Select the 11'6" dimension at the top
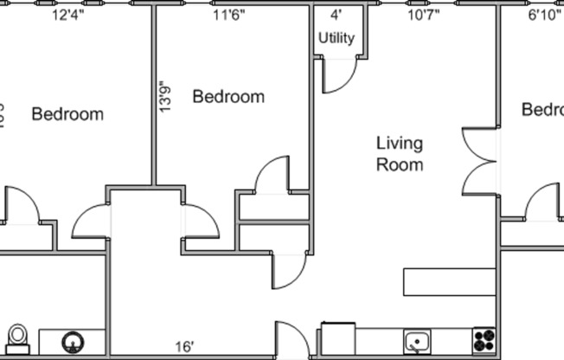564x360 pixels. coord(228,15)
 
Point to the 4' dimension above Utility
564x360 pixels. coord(336,15)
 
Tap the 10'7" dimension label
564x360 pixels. coord(424,15)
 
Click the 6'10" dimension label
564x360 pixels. coord(544,15)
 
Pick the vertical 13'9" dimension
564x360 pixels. coord(164,96)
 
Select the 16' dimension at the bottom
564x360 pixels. coord(183,347)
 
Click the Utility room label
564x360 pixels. coord(336,38)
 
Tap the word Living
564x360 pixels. coord(399,143)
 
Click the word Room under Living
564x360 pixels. coord(399,164)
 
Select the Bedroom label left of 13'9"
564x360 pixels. coord(67,114)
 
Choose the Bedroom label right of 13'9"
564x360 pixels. coord(228,96)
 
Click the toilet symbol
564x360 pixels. coord(17,338)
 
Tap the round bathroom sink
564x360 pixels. coord(72,343)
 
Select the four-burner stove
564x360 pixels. coord(484,340)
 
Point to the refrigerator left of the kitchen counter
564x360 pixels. coord(337,339)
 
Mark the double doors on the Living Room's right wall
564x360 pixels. coord(480,161)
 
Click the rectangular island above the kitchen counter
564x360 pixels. coord(449,282)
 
